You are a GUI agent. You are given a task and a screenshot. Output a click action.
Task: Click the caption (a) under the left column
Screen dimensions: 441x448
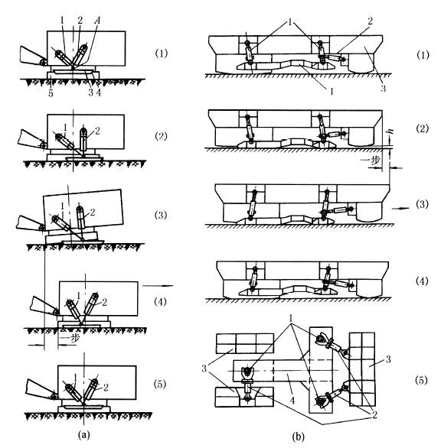click(84, 435)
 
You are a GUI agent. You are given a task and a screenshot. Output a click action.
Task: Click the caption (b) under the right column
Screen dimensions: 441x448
click(298, 437)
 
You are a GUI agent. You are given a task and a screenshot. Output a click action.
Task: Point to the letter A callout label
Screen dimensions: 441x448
click(98, 21)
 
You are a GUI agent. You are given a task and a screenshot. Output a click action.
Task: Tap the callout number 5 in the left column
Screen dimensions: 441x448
click(51, 93)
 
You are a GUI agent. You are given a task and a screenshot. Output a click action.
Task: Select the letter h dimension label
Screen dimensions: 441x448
click(390, 131)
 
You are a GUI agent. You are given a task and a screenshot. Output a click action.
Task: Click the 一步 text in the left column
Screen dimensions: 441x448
click(69, 339)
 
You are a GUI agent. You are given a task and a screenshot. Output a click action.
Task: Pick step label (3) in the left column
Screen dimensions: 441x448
click(161, 215)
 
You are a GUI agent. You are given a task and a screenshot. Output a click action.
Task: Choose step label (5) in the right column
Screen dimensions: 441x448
click(421, 380)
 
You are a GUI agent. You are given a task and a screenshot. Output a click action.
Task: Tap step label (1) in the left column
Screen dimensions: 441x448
click(161, 54)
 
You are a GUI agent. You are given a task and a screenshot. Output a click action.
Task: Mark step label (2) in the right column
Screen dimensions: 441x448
click(422, 128)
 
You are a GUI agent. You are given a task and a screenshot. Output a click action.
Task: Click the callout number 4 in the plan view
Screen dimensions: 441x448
click(292, 401)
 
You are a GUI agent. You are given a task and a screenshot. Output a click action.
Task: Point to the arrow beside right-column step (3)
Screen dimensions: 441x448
click(400, 209)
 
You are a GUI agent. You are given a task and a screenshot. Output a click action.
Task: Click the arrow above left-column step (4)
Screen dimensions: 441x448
click(158, 285)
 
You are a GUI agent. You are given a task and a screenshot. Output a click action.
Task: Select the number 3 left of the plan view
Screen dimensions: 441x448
click(204, 368)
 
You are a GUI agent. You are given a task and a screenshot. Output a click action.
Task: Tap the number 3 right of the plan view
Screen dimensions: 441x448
click(388, 359)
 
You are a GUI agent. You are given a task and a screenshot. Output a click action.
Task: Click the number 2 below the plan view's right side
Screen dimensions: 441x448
click(374, 415)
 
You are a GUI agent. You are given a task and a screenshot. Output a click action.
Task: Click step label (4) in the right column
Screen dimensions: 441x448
click(422, 281)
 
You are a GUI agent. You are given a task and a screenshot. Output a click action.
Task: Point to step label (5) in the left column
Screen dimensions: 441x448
click(160, 385)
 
